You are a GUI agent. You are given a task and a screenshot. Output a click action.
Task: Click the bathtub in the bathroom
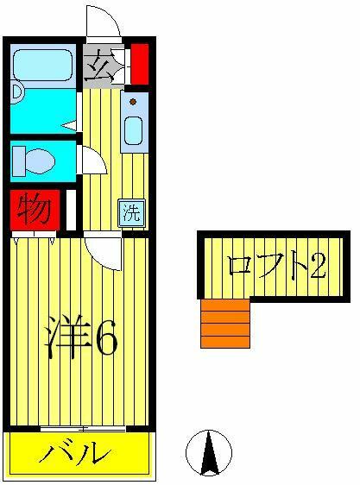click(43, 66)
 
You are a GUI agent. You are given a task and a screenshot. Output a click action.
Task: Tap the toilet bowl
click(41, 161)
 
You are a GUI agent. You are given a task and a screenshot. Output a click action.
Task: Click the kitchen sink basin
click(133, 130)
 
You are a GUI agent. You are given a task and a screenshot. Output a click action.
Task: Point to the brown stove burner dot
click(133, 102)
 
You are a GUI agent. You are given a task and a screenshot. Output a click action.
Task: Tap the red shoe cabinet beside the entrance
click(140, 64)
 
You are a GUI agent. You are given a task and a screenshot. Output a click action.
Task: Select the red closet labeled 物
click(35, 211)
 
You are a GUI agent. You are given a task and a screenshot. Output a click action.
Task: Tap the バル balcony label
click(75, 454)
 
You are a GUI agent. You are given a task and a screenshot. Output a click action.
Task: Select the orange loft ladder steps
click(225, 324)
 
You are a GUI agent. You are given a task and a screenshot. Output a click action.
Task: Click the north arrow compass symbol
click(209, 452)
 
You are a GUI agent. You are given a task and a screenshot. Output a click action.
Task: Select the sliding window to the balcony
click(83, 429)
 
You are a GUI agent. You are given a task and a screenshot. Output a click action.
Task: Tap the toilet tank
click(19, 161)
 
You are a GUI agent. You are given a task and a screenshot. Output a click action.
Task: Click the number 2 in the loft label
click(318, 266)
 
